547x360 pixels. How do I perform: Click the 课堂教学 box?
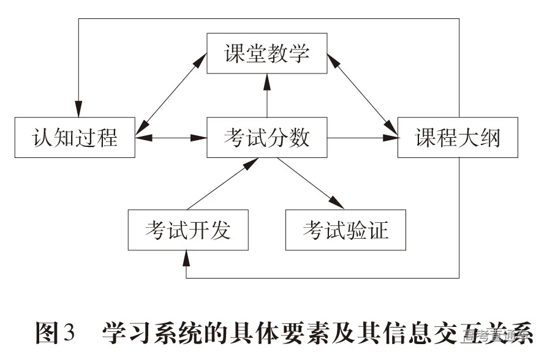tap(266, 54)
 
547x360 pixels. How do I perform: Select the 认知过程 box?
tap(75, 138)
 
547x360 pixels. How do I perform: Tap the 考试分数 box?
tap(266, 138)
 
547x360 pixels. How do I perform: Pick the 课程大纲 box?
tap(458, 138)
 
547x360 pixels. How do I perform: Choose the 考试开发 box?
tap(188, 230)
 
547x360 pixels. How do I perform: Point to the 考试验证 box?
tap(345, 230)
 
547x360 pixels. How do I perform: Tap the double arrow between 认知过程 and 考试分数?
tap(171, 138)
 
